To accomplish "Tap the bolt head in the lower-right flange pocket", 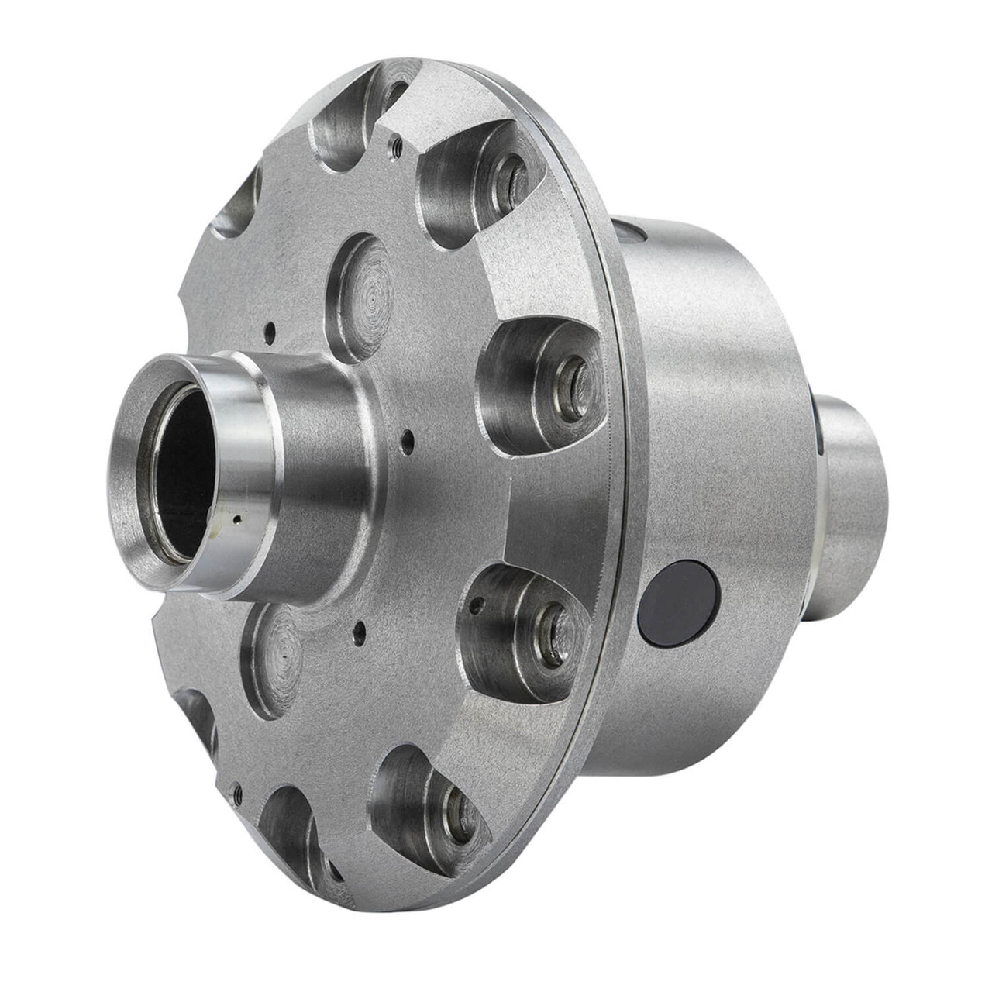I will [553, 624].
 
